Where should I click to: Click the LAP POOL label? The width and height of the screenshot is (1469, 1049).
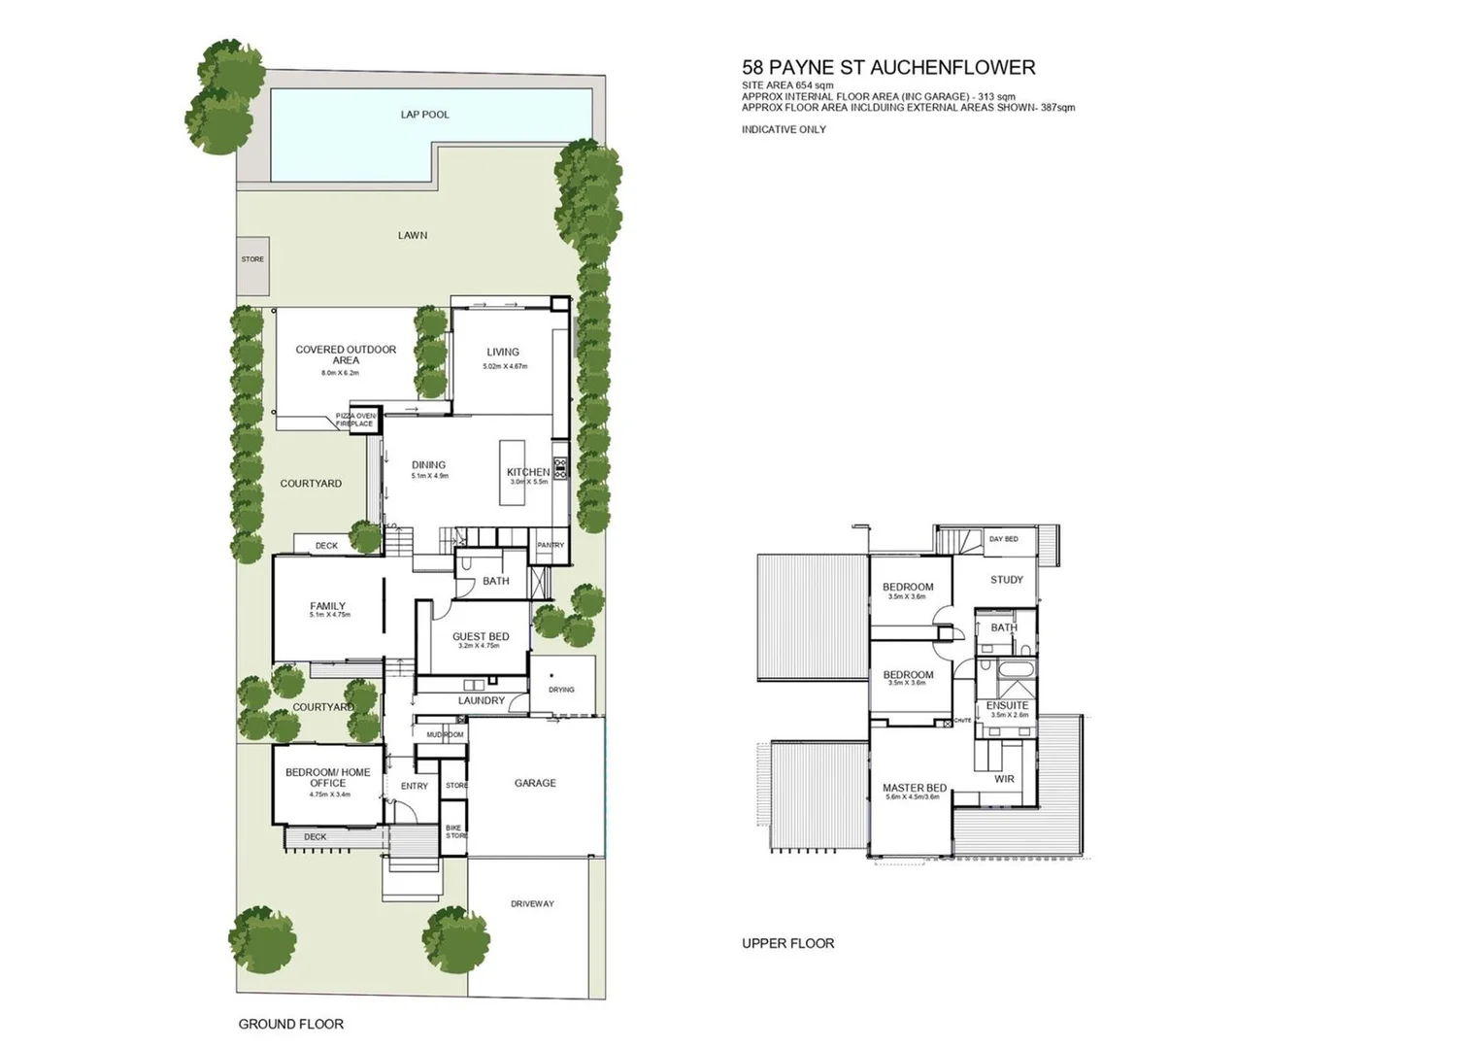(x=424, y=115)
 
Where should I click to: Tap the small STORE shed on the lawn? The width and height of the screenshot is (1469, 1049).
(x=252, y=259)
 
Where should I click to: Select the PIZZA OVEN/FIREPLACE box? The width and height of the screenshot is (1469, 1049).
(x=354, y=420)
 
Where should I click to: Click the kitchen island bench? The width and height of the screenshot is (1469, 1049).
(x=512, y=472)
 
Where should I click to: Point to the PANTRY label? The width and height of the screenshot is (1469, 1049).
(x=551, y=545)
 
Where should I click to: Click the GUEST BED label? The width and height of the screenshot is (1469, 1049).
(x=481, y=637)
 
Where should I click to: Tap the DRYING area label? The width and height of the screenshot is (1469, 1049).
(x=561, y=690)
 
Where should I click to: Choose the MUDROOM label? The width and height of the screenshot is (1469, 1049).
(x=445, y=734)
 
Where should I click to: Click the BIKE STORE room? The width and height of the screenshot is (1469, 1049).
(x=454, y=832)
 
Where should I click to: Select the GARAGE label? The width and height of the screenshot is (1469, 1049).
(x=535, y=783)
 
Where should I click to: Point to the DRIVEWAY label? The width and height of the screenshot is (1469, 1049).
(x=532, y=904)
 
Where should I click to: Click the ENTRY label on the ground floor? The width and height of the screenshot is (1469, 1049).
(x=415, y=786)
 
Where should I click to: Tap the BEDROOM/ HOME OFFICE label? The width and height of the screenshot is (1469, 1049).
(x=327, y=777)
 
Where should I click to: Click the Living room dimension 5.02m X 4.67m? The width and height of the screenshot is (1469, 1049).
(x=504, y=366)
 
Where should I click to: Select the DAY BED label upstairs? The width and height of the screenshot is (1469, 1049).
(x=1003, y=539)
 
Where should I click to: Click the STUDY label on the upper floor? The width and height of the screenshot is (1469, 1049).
(x=1006, y=580)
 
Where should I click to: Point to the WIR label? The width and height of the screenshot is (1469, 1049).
(x=1004, y=779)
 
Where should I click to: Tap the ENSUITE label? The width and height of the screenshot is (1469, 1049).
(x=1007, y=705)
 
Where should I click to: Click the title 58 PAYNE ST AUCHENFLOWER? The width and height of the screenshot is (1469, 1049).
(x=888, y=68)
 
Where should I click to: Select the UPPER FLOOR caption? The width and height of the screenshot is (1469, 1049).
(x=787, y=943)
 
